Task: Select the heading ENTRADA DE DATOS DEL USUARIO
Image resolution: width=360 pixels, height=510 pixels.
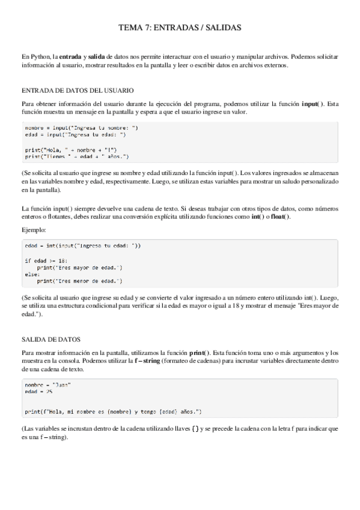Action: point(77,90)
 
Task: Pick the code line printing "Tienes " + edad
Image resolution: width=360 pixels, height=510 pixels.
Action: point(77,156)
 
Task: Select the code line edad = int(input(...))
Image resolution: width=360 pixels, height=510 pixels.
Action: point(83,245)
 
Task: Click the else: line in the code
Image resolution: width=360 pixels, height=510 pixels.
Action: point(32,274)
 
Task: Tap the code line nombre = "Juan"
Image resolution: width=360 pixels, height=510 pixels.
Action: point(48,384)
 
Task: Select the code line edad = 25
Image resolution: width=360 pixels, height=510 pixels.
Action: point(39,392)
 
